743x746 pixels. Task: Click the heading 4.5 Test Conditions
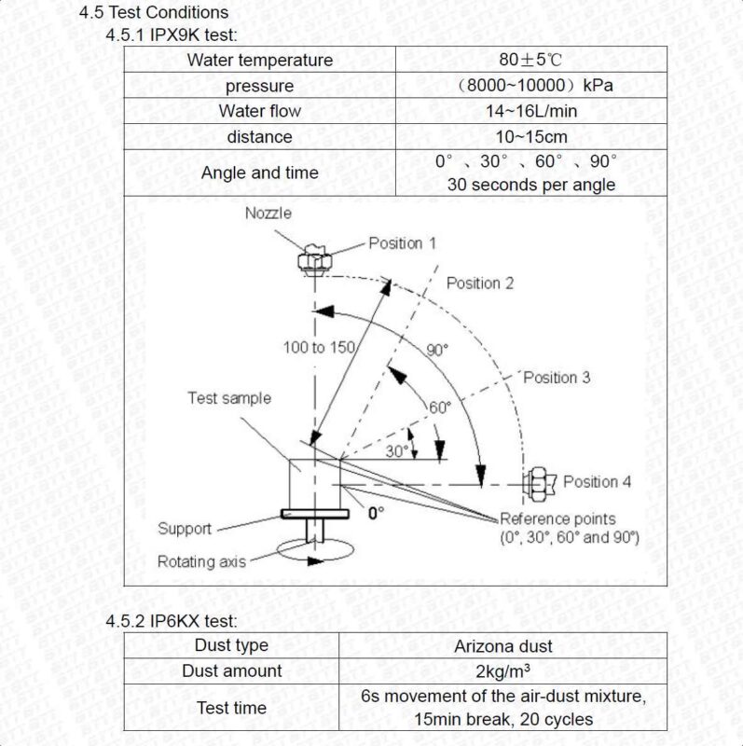pos(153,12)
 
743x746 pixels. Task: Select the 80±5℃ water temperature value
pos(530,60)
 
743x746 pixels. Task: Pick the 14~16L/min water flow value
pos(530,111)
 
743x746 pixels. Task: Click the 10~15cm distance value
pos(530,136)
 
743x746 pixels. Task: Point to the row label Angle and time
pos(259,173)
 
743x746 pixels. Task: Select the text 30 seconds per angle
pos(530,185)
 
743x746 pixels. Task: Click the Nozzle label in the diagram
pos(268,214)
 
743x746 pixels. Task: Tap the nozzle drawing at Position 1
pos(314,260)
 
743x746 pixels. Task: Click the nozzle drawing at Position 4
pos(540,484)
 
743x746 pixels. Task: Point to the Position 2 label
pos(480,283)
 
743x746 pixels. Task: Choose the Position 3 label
pos(557,378)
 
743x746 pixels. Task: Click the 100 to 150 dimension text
pos(319,347)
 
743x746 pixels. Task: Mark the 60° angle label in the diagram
pos(439,408)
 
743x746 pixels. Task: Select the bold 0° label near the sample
pos(376,513)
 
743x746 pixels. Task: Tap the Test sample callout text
pos(229,398)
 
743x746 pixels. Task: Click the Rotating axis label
pos(201,561)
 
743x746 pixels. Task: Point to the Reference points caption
pos(557,518)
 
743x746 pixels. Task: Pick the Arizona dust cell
pos(502,646)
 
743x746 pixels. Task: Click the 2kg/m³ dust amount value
pos(502,671)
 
